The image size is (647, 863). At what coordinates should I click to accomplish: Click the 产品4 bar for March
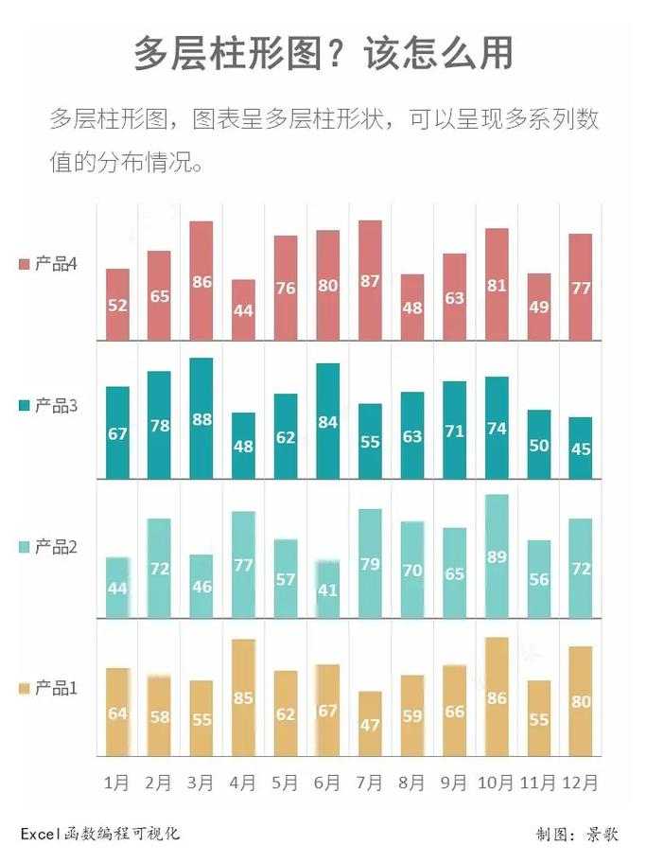(201, 280)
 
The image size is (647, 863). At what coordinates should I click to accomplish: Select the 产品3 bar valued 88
(201, 418)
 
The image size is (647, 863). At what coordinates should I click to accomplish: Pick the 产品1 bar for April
(242, 697)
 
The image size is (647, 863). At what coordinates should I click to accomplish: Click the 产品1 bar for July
(370, 723)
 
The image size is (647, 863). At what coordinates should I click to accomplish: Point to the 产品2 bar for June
(327, 589)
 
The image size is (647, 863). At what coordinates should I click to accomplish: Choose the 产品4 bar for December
(580, 287)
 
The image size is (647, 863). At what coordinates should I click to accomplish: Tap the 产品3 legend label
(55, 406)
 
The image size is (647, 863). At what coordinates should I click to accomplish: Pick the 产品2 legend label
(55, 547)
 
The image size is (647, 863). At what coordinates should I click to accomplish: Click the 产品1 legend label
(55, 688)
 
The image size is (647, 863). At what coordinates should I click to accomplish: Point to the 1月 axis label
(116, 784)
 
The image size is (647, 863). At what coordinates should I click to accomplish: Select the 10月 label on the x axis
(496, 784)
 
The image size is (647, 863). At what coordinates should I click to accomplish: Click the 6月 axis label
(327, 784)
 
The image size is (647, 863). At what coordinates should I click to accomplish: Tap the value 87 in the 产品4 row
(370, 281)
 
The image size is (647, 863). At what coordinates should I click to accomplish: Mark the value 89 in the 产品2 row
(496, 557)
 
